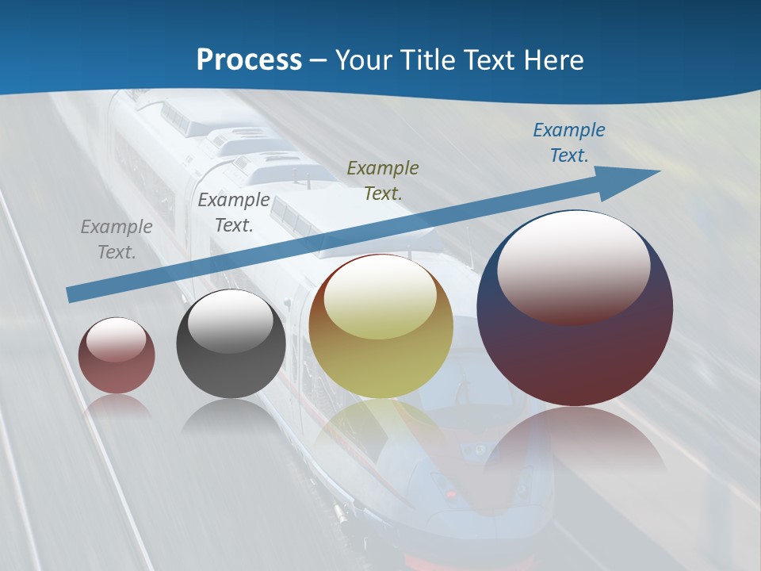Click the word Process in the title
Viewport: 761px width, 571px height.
pyautogui.click(x=249, y=60)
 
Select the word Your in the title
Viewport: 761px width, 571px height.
pyautogui.click(x=361, y=60)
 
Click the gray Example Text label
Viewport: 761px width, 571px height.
pyautogui.click(x=117, y=240)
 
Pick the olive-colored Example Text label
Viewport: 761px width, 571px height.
pyautogui.click(x=383, y=181)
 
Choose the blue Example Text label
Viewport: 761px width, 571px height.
pyautogui.click(x=568, y=143)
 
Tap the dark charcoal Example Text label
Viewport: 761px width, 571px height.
pyautogui.click(x=234, y=213)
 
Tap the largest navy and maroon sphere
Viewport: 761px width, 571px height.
pyautogui.click(x=575, y=357)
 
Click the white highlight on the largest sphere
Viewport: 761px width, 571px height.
pyautogui.click(x=574, y=266)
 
